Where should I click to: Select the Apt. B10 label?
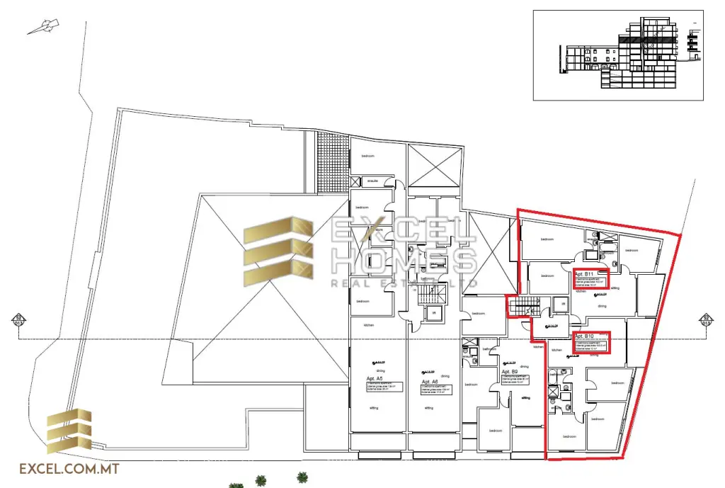585,336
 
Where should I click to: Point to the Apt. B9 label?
510,371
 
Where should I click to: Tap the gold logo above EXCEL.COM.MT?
69,431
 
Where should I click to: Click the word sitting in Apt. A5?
373,409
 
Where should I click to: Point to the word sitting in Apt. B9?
525,398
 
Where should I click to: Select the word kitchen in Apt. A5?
368,324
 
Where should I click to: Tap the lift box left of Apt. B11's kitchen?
562,305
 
